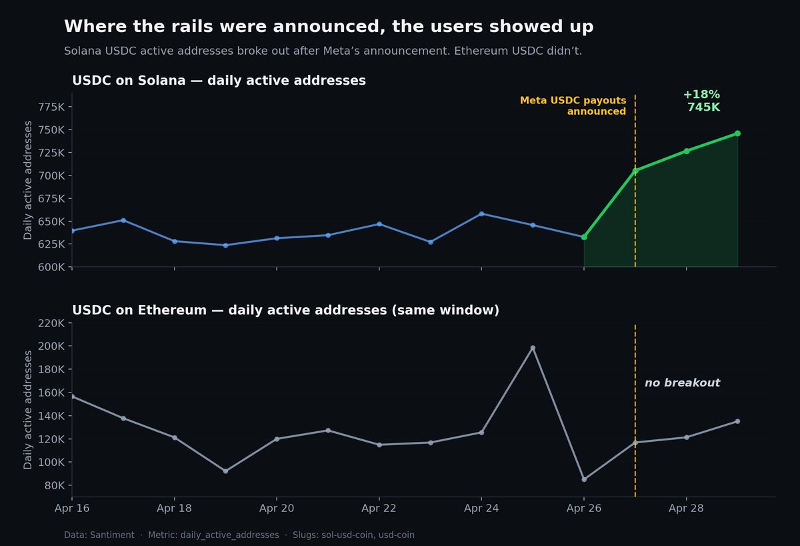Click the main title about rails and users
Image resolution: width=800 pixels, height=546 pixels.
click(329, 27)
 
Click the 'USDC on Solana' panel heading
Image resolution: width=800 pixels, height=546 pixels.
click(219, 81)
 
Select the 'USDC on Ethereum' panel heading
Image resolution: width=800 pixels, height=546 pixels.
click(285, 310)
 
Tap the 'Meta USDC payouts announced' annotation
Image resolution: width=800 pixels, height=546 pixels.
click(573, 106)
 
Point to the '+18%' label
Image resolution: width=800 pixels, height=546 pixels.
click(701, 95)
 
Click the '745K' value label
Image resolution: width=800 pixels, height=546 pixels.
click(703, 107)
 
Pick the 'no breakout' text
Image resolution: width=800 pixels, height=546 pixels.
click(682, 383)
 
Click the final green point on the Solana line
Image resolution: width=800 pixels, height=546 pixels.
click(737, 133)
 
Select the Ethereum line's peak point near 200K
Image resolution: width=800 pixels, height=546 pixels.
click(533, 348)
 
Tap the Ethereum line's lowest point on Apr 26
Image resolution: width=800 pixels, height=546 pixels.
click(584, 479)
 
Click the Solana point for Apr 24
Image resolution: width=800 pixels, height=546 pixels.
click(481, 214)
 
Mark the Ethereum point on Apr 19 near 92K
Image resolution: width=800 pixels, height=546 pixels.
click(225, 471)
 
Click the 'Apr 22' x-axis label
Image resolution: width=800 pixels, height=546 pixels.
click(379, 508)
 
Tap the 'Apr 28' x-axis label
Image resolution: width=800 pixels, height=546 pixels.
click(687, 508)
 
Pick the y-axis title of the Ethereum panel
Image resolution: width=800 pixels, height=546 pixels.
click(28, 410)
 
